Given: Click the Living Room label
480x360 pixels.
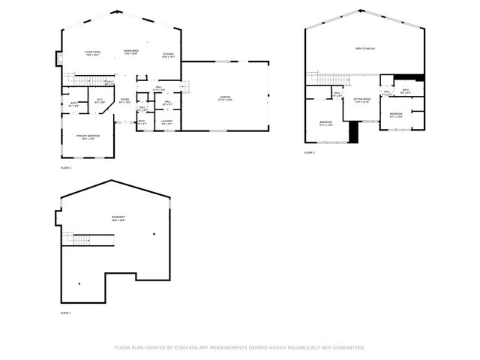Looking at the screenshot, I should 93,52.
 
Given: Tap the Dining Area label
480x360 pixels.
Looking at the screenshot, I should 131,52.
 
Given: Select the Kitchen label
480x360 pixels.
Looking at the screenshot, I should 169,55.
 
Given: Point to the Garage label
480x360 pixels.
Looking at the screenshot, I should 225,98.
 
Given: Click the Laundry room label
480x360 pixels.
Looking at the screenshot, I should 166,121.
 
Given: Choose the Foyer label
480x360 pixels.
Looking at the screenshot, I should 124,100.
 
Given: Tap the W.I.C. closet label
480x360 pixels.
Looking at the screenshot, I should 100,100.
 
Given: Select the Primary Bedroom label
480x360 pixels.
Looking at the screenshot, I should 88,136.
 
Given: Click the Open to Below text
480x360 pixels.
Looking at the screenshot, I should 365,49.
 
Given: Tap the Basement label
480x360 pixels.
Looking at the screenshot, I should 118,219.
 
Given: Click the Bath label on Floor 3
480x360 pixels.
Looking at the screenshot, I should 405,91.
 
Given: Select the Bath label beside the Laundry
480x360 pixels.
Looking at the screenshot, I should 142,121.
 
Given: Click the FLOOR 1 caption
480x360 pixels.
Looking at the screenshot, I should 65,312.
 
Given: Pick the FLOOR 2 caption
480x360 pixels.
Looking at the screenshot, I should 65,168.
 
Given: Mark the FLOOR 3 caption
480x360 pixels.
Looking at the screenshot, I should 309,152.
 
